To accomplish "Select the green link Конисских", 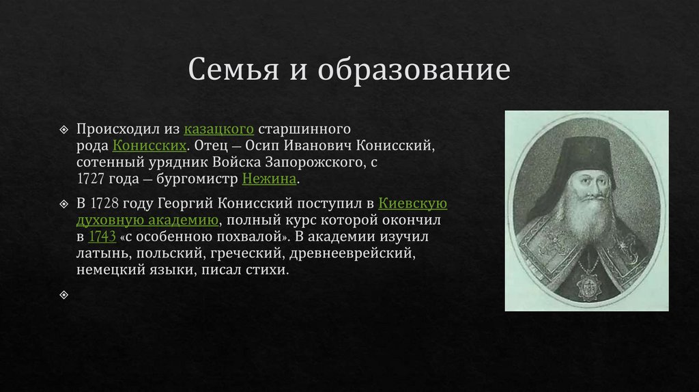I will (x=149, y=145).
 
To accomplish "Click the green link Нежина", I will (x=269, y=179).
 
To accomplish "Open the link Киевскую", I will (x=412, y=204).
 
